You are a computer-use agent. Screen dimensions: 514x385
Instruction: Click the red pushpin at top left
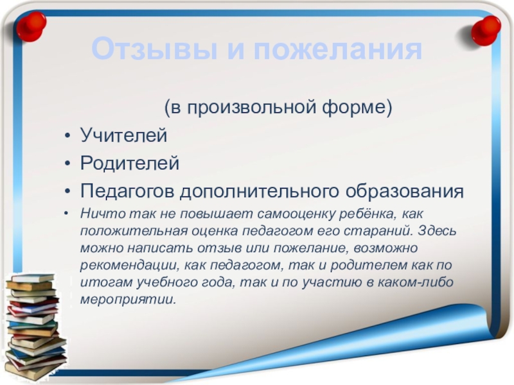click(x=31, y=26)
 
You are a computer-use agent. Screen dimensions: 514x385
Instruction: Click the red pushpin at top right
click(x=486, y=30)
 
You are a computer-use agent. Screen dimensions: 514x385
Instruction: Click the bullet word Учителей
click(x=123, y=135)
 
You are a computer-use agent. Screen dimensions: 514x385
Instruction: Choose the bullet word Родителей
click(x=130, y=163)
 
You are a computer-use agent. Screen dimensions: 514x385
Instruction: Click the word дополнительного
click(x=259, y=191)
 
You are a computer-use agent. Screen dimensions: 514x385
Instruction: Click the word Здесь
click(x=437, y=231)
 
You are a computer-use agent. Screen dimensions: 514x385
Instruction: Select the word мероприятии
click(x=128, y=300)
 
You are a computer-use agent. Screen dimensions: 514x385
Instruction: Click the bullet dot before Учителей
click(x=67, y=135)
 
